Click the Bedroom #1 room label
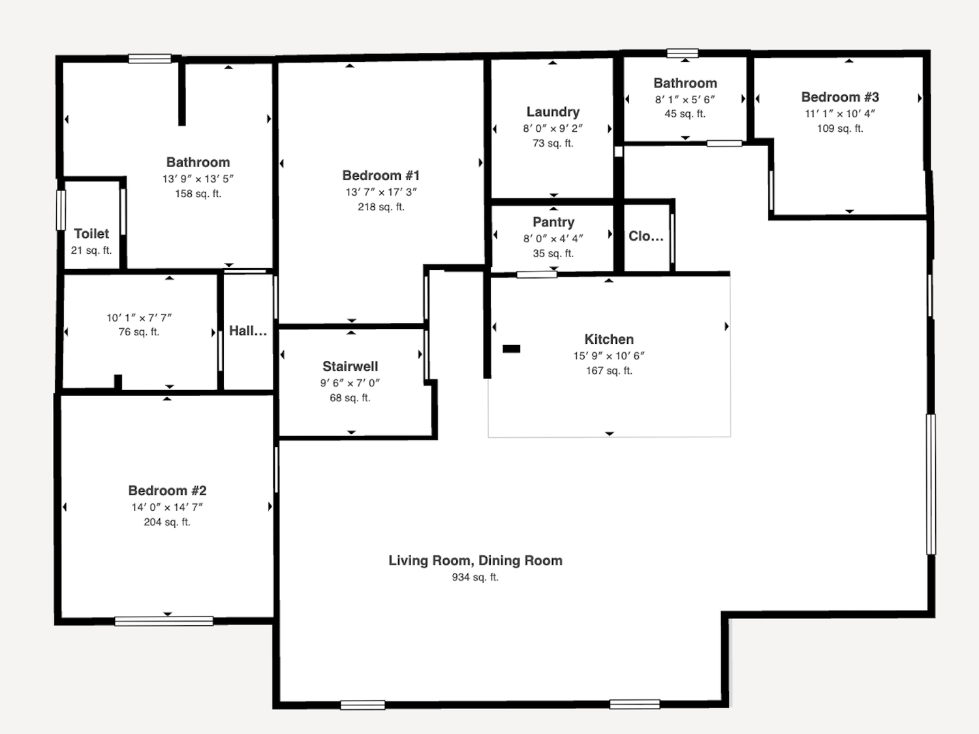click(381, 176)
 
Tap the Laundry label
click(553, 112)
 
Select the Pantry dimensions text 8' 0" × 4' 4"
click(553, 239)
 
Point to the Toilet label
click(91, 234)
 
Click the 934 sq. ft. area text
click(475, 577)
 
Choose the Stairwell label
click(350, 366)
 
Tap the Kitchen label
click(609, 339)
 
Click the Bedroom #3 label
click(840, 97)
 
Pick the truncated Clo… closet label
click(646, 236)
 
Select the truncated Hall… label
click(248, 331)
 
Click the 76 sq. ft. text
click(139, 332)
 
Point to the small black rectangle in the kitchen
click(511, 349)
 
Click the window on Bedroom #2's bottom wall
click(164, 621)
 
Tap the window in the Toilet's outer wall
click(61, 210)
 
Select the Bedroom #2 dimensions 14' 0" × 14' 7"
click(167, 507)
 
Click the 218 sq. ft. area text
click(381, 207)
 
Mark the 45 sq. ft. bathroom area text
click(685, 114)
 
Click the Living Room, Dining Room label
click(475, 560)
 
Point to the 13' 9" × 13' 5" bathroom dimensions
click(198, 179)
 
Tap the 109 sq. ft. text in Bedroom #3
click(840, 129)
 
